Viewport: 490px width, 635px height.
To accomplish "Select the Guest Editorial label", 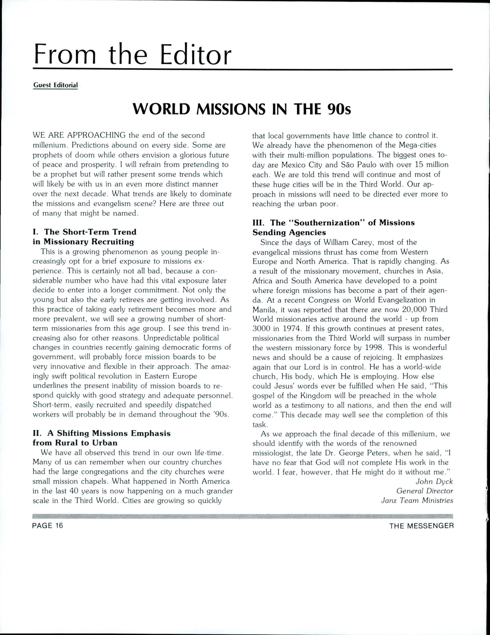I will (x=56, y=85).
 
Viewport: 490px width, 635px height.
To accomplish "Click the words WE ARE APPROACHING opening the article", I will (x=79, y=135).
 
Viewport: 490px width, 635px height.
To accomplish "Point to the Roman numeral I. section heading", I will (x=36, y=232).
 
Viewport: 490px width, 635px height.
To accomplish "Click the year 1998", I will (x=375, y=347).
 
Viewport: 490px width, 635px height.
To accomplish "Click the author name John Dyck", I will (x=434, y=481).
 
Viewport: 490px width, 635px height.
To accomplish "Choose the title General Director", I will (x=425, y=491).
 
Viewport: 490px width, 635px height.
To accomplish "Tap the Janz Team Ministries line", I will (x=417, y=500).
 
